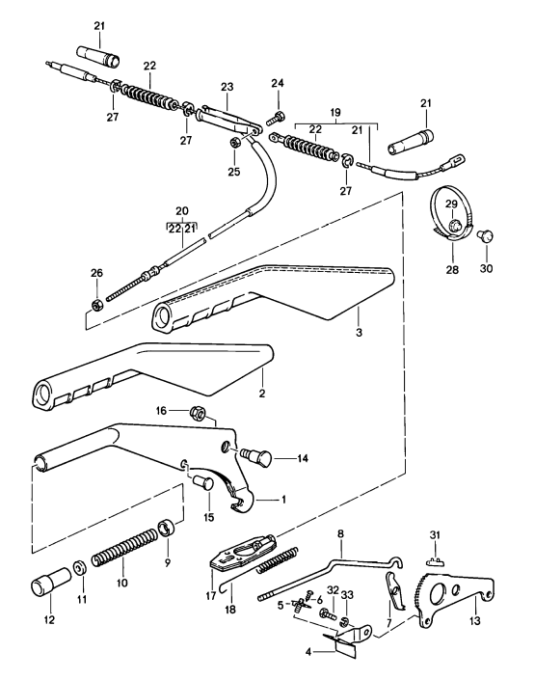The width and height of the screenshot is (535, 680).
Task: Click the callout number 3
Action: (359, 333)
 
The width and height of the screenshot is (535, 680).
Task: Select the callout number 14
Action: (302, 458)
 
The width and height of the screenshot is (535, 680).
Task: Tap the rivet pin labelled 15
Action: (203, 482)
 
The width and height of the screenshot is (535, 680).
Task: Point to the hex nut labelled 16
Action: (198, 414)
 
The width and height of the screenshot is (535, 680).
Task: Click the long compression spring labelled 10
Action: (122, 549)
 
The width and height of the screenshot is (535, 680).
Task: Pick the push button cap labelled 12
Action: (51, 581)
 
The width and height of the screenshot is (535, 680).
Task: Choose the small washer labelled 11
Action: (79, 568)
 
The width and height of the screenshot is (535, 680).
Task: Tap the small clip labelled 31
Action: (436, 561)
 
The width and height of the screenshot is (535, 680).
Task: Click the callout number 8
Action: (340, 533)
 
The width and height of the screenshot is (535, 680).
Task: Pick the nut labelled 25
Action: (234, 142)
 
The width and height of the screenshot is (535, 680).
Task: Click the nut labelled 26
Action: (96, 304)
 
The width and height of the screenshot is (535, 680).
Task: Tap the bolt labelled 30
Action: (485, 236)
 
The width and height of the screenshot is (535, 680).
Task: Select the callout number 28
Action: (452, 270)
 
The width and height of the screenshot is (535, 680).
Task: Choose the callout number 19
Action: (335, 113)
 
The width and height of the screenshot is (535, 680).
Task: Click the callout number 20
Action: (182, 211)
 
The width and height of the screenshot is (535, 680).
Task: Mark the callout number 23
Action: (227, 87)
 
